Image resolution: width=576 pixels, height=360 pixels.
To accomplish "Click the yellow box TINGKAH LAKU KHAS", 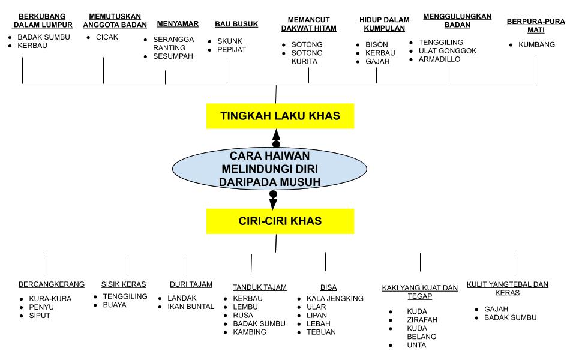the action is [x=280, y=116].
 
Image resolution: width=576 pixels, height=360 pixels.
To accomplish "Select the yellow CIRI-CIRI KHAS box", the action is [x=280, y=221].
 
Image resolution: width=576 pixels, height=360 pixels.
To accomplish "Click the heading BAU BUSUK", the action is [x=236, y=24].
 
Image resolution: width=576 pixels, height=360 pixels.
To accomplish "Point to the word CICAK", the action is [x=107, y=37].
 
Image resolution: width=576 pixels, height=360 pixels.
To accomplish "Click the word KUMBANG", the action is [x=536, y=44].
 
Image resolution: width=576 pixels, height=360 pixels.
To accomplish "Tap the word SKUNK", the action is [x=230, y=41].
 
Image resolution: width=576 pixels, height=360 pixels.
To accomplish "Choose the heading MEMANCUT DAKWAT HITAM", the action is [x=308, y=24].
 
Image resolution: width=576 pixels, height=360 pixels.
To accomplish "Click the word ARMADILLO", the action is [x=439, y=59].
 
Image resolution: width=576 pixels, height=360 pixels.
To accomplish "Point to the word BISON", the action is [x=376, y=44].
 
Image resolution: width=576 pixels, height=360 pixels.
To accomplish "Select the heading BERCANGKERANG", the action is [x=52, y=284].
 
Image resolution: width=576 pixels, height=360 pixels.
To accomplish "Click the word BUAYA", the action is [x=115, y=305].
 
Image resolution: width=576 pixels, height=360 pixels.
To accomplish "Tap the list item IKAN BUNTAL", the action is [x=191, y=307].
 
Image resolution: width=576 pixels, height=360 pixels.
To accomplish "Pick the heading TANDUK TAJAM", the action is [x=259, y=287].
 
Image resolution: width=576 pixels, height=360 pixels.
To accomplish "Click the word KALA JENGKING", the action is [x=335, y=298].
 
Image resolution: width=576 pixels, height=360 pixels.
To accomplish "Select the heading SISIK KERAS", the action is [x=123, y=284].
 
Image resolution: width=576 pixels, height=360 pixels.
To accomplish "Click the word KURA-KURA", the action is [x=50, y=299].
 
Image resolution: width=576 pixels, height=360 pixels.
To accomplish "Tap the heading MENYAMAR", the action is [x=178, y=24].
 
